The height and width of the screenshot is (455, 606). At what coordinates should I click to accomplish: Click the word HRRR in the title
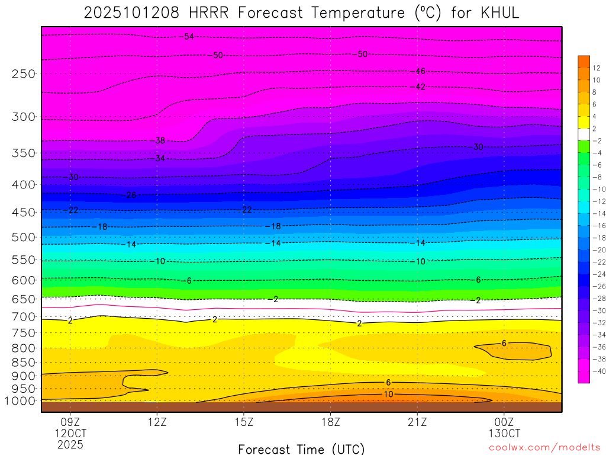(x=208, y=13)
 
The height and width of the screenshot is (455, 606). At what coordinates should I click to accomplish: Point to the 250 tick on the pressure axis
(x=24, y=74)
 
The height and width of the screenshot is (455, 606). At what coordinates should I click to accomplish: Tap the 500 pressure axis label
(x=24, y=238)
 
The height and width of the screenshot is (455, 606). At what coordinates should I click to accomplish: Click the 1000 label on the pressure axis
(x=21, y=401)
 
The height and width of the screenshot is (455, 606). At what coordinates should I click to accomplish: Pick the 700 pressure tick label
(x=24, y=317)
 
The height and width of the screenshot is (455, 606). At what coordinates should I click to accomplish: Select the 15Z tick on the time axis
(x=244, y=422)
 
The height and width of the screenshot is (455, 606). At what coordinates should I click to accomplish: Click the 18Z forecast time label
(x=331, y=422)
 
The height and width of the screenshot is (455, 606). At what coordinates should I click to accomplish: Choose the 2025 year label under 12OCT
(x=70, y=444)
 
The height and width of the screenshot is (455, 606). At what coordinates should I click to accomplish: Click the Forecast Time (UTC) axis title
(x=301, y=448)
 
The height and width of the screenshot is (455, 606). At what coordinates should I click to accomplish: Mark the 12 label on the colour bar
(x=596, y=68)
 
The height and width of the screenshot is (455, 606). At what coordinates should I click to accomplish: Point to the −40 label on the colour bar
(x=596, y=371)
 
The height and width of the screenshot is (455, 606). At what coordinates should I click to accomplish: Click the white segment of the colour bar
(x=584, y=134)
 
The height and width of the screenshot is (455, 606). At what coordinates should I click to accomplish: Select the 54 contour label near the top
(x=189, y=37)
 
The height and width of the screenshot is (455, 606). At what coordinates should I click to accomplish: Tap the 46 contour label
(x=420, y=71)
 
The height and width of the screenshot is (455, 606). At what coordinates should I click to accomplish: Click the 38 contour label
(x=160, y=141)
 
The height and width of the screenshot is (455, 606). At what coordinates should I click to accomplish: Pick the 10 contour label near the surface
(x=389, y=395)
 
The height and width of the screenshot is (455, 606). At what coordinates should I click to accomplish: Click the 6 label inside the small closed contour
(x=504, y=343)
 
